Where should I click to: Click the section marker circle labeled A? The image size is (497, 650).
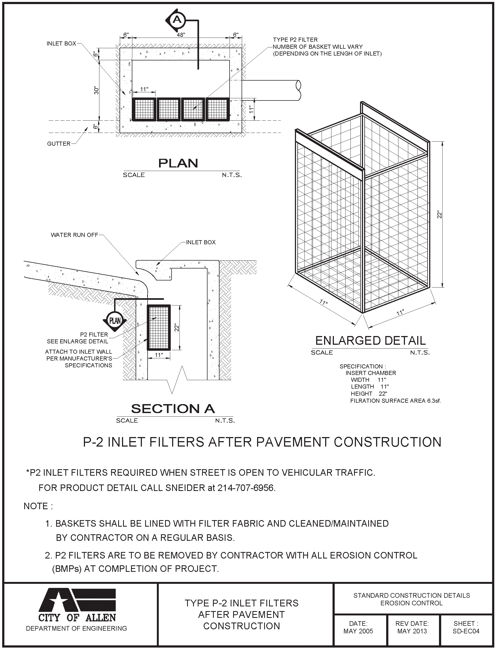pyautogui.click(x=177, y=20)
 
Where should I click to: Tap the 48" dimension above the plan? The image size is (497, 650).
pyautogui.click(x=181, y=35)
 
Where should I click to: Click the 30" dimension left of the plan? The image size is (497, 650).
pyautogui.click(x=96, y=90)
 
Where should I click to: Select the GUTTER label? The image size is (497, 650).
pyautogui.click(x=59, y=144)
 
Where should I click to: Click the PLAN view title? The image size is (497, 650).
pyautogui.click(x=178, y=163)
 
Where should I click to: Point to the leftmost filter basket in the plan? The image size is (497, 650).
pyautogui.click(x=144, y=109)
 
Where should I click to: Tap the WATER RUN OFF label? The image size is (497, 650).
pyautogui.click(x=75, y=235)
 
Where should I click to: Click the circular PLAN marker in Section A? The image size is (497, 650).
pyautogui.click(x=115, y=321)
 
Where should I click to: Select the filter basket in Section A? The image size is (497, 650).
pyautogui.click(x=158, y=327)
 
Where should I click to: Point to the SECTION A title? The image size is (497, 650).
pyautogui.click(x=173, y=409)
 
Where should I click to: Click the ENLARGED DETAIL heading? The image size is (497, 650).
pyautogui.click(x=370, y=341)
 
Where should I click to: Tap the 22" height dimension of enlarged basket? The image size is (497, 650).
pyautogui.click(x=440, y=214)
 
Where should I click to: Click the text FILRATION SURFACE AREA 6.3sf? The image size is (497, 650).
pyautogui.click(x=395, y=401)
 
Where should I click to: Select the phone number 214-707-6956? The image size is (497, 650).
pyautogui.click(x=246, y=488)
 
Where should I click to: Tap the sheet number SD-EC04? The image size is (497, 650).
pyautogui.click(x=466, y=631)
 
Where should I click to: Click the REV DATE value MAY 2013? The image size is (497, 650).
pyautogui.click(x=412, y=631)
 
